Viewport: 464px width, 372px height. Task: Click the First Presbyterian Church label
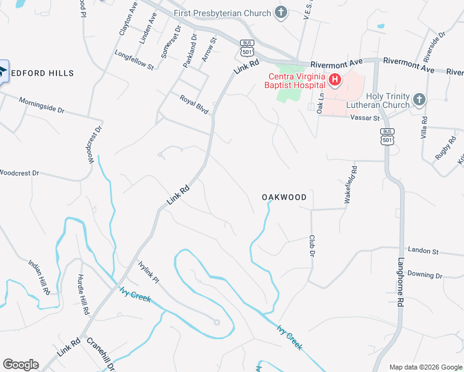click(x=223, y=13)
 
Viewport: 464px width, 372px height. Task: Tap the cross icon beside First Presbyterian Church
click(x=281, y=12)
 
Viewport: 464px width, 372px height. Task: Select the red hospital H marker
click(x=335, y=79)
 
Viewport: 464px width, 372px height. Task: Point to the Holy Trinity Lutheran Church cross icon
click(x=419, y=99)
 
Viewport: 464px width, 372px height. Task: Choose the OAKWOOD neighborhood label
click(x=284, y=197)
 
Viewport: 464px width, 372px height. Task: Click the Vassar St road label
click(x=364, y=117)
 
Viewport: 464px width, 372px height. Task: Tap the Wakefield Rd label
click(x=349, y=185)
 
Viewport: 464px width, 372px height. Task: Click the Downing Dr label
click(x=425, y=275)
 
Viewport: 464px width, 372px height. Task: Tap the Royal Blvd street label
click(x=194, y=103)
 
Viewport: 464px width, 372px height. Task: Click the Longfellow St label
click(x=134, y=61)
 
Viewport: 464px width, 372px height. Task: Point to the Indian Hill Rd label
click(x=38, y=275)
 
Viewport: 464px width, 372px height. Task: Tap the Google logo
click(x=20, y=364)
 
